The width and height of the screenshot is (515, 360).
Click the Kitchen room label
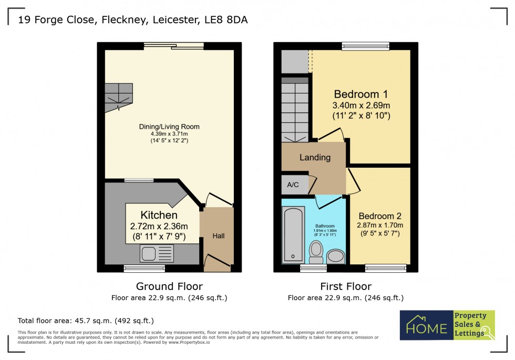point(159,215)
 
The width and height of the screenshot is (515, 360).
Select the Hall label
point(218,236)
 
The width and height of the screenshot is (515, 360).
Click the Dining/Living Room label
point(169,127)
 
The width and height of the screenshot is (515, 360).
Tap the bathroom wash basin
point(335,256)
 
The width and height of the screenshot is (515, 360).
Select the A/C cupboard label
point(293,185)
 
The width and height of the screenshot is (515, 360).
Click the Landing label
point(315,157)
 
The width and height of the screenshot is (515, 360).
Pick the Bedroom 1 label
point(361,95)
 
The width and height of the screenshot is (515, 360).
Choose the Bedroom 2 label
point(380,216)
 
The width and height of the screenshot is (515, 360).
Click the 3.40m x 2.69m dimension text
point(361,106)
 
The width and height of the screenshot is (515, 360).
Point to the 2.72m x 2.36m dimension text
point(159,227)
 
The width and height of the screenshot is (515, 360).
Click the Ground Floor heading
point(169,286)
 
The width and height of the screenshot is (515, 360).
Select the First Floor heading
point(346,286)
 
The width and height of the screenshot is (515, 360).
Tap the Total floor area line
point(86,320)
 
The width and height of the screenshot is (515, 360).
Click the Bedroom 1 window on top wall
point(366,46)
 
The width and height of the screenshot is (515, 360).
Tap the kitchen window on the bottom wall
point(144,269)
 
